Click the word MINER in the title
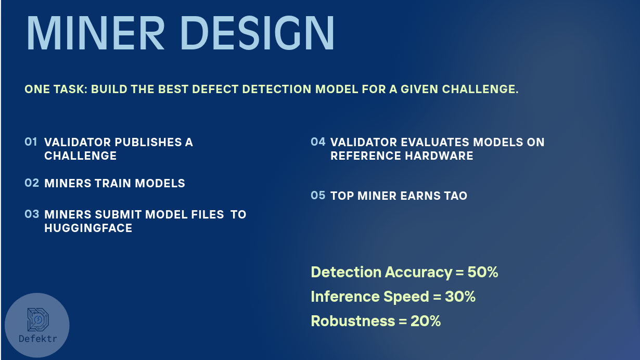coord(95,33)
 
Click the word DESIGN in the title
coord(258,33)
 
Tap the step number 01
coord(31,142)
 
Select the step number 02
coord(32,183)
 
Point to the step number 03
coord(32,214)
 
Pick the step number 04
coord(318,142)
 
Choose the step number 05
coord(318,196)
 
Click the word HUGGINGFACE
coord(88,228)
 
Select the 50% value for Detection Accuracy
coord(483,272)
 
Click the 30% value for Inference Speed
coord(460,297)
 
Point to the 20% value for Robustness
coord(426,321)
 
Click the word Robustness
coord(353,321)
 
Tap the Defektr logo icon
coord(38,319)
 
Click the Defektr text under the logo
coord(37,339)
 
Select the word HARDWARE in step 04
coord(439,156)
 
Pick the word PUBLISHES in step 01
coord(148,143)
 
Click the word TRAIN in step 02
coord(113,184)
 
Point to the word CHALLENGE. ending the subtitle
coord(480,89)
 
